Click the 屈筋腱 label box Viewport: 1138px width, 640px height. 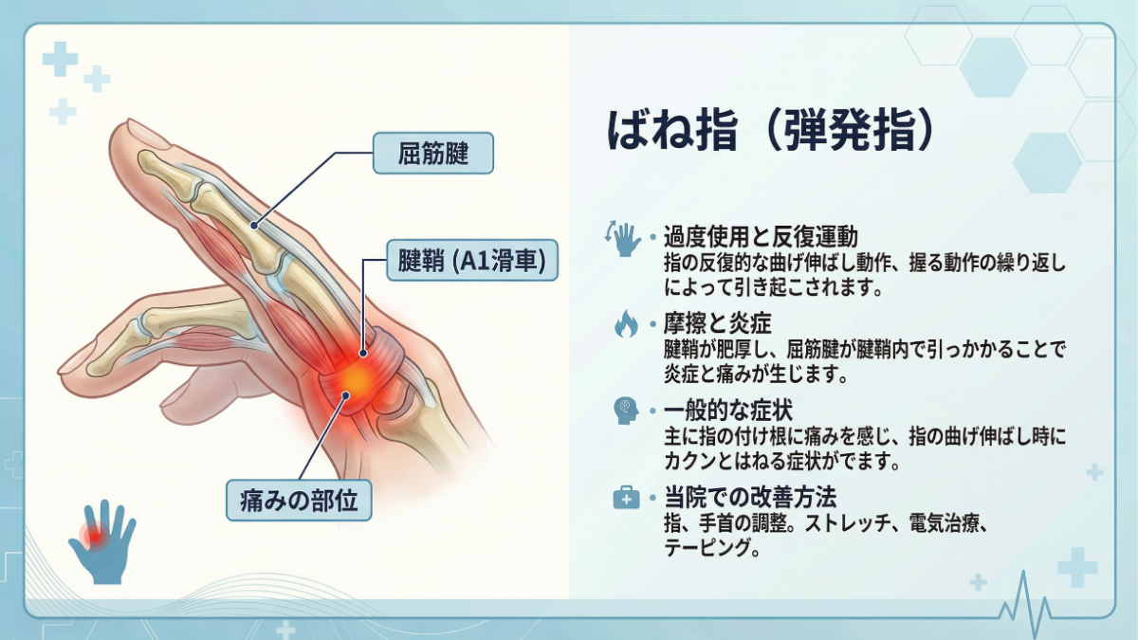(432, 153)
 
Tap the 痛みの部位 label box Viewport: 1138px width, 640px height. (299, 501)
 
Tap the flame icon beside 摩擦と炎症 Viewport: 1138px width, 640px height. (625, 325)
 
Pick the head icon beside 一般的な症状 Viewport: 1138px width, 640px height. (625, 411)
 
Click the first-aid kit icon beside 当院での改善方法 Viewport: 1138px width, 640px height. (625, 498)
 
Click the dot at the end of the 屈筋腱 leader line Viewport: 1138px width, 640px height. (253, 226)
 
